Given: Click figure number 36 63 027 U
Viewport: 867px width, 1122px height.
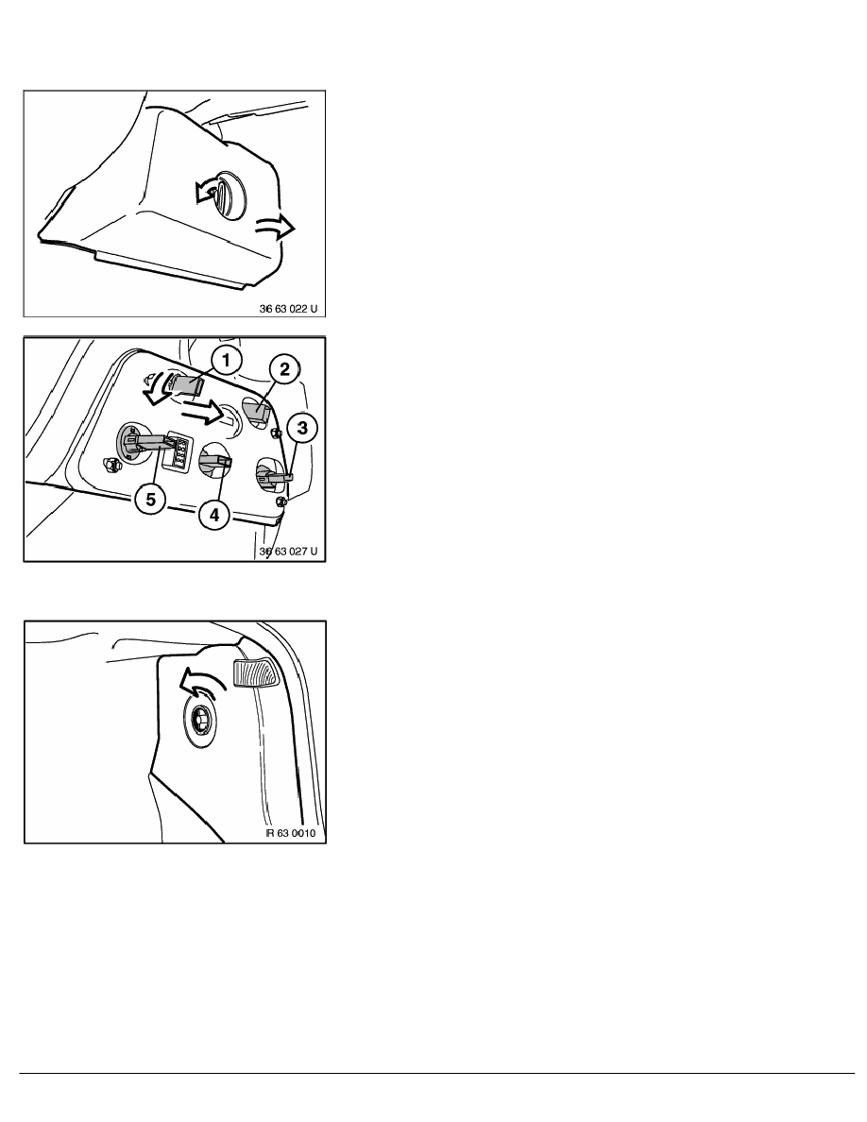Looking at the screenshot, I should tap(292, 552).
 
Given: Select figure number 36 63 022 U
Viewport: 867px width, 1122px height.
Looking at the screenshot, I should tap(292, 307).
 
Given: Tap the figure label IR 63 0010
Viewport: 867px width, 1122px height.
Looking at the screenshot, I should tap(296, 832).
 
